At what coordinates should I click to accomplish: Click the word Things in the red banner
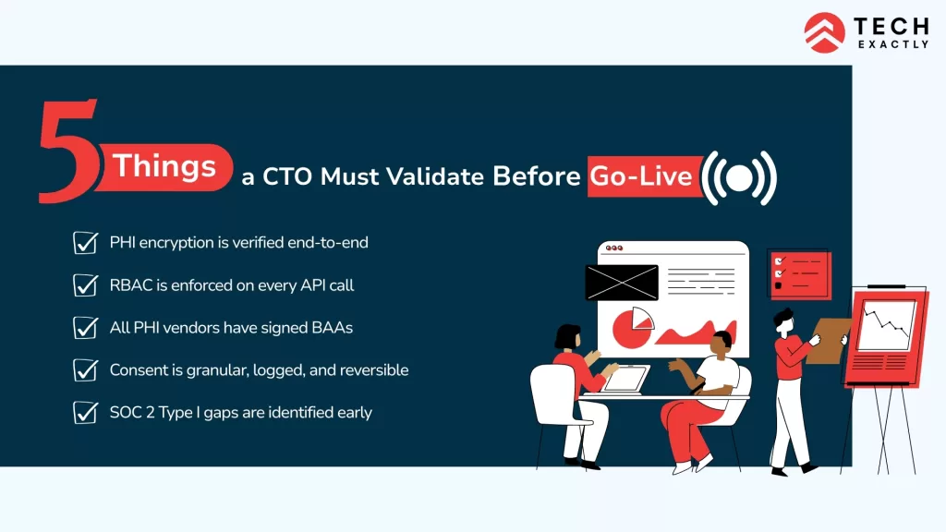pos(164,167)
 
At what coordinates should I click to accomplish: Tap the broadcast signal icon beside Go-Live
pos(739,176)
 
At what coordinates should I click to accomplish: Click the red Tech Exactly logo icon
pos(824,32)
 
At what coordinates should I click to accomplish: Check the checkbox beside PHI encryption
pos(86,243)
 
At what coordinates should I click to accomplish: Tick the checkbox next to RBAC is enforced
pos(86,285)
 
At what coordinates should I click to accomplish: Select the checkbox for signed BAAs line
pos(86,328)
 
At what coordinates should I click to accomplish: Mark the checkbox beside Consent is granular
pos(86,370)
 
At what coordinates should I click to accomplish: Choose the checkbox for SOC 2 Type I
pos(86,413)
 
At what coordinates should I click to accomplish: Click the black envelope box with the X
pos(622,283)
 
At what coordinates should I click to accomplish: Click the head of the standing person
pos(784,320)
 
